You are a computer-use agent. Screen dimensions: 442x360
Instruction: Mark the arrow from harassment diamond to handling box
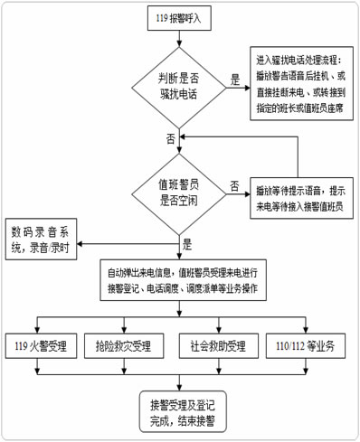237,89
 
